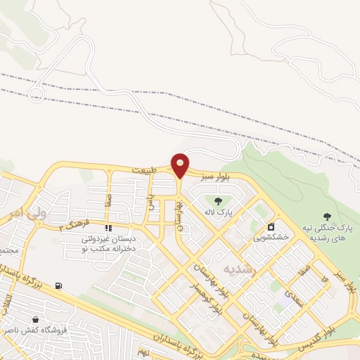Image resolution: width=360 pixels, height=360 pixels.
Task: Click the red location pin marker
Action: point(181,165)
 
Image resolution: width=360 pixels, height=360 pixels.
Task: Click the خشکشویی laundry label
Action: point(271,238)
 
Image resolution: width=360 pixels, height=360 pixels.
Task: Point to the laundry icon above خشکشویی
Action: point(271,227)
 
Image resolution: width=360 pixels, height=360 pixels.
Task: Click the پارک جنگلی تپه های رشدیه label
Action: point(328,233)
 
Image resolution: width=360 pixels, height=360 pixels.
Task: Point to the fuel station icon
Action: point(58,285)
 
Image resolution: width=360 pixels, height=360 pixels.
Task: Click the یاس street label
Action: point(150,202)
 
